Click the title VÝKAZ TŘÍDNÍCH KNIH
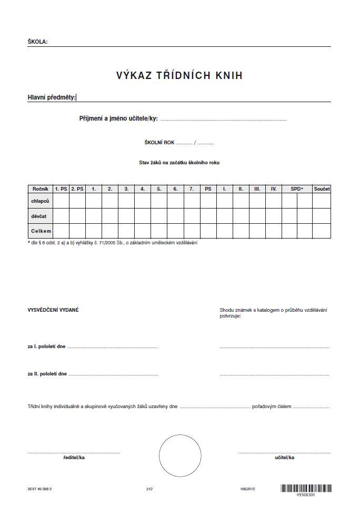tap(179, 76)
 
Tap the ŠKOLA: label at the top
tap(37, 42)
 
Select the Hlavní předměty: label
tap(52, 97)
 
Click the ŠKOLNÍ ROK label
tap(159, 143)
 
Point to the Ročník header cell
tap(41, 189)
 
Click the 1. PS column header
tap(61, 189)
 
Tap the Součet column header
tap(322, 189)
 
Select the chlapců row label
tap(41, 201)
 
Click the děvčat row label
tap(41, 216)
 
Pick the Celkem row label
tap(41, 231)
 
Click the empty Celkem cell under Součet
tap(322, 231)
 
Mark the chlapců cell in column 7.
tap(192, 201)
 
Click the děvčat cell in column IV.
tap(273, 216)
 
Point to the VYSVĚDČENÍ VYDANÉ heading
tap(53, 310)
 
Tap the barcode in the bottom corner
tap(306, 489)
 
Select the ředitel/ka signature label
tap(74, 458)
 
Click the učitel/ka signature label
tap(284, 458)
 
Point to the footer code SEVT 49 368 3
tap(40, 489)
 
